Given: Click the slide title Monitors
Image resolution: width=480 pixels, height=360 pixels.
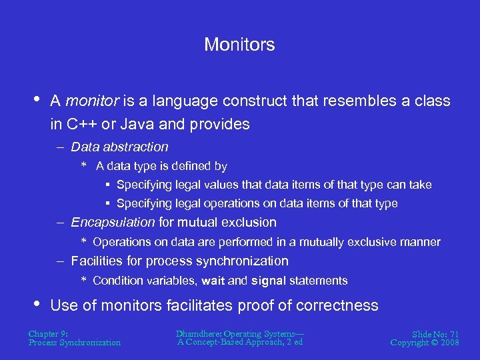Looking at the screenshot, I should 239,45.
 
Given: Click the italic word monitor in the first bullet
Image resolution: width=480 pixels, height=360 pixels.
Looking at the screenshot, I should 93,101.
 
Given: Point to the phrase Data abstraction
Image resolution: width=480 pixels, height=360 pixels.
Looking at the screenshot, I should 119,147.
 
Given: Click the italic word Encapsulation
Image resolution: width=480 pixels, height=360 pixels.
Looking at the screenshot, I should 113,222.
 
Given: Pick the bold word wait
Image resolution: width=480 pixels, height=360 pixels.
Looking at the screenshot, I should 213,281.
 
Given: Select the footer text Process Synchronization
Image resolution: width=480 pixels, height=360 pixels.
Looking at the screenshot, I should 75,343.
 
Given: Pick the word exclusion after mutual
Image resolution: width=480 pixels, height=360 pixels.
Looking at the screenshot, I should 250,222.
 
